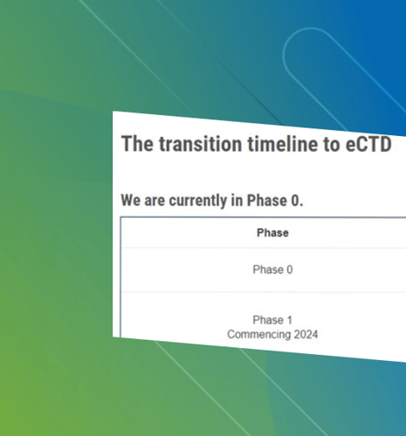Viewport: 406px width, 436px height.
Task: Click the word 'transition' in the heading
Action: [x=201, y=144]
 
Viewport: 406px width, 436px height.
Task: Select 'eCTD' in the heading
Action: [x=368, y=144]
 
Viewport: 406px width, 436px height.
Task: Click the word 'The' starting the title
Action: [x=137, y=144]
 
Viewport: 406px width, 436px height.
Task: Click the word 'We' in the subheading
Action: [x=131, y=201]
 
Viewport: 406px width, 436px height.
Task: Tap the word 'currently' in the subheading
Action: [x=198, y=201]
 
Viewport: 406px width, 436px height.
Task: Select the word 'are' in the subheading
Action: [x=155, y=201]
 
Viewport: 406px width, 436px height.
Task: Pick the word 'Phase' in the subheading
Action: [x=267, y=201]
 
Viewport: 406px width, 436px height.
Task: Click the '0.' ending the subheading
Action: [x=297, y=201]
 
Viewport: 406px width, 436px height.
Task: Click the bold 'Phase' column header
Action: [x=272, y=233]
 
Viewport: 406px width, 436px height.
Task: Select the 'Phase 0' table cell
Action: [x=272, y=269]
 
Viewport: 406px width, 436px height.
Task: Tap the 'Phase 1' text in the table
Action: [x=272, y=320]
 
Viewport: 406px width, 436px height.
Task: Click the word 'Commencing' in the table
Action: [x=259, y=335]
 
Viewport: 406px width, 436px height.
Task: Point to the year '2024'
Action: [x=306, y=335]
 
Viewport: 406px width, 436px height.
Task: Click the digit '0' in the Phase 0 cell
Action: [x=290, y=269]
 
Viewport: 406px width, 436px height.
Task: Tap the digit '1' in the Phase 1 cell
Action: [x=290, y=320]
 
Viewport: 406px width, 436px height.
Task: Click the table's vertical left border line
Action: [x=120, y=277]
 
